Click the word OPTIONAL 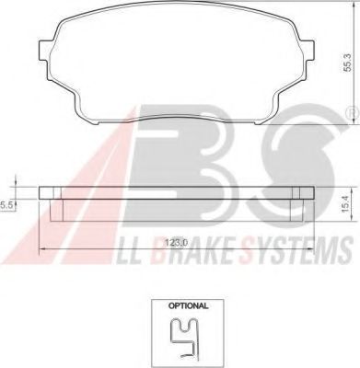[x=188, y=305]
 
